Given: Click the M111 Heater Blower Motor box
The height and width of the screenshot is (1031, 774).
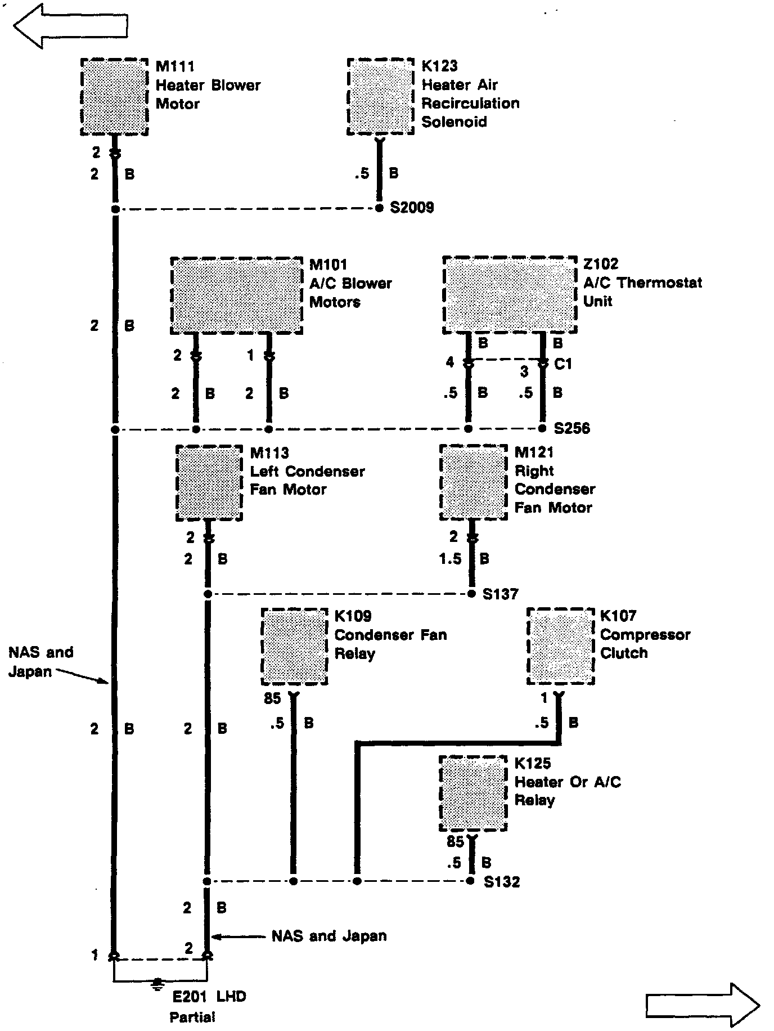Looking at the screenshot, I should coord(115,97).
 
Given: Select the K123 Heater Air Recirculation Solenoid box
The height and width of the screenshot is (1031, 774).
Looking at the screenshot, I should coord(381,96).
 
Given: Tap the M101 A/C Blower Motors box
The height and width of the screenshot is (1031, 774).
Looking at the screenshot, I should coord(236,295).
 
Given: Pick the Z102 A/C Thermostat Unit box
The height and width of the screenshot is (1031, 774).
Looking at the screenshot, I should coord(510,295).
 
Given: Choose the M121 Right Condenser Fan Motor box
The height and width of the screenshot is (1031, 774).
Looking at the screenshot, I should coord(474,482).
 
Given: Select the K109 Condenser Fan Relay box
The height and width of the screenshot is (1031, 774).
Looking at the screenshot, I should coord(295,647).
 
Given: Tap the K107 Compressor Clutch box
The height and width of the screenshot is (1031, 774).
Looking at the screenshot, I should coord(560,646).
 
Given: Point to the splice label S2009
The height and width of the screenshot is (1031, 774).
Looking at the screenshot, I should coord(412,208).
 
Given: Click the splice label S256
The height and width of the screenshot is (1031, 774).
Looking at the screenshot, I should coord(571,429).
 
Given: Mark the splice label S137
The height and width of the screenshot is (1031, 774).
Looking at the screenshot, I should coord(500,594).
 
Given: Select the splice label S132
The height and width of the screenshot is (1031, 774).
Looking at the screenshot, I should coord(502,882).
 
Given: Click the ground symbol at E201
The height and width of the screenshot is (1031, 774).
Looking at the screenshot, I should coord(158,983).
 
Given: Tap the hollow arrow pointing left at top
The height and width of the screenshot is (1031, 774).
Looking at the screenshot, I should coord(70,25).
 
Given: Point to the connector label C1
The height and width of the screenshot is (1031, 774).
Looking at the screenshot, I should coord(563,365).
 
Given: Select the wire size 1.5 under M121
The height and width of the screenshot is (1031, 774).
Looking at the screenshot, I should coord(450,559).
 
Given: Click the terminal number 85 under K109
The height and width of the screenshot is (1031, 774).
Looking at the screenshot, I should coord(272,698).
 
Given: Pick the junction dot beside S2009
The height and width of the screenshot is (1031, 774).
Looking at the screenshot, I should coord(379,209).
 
